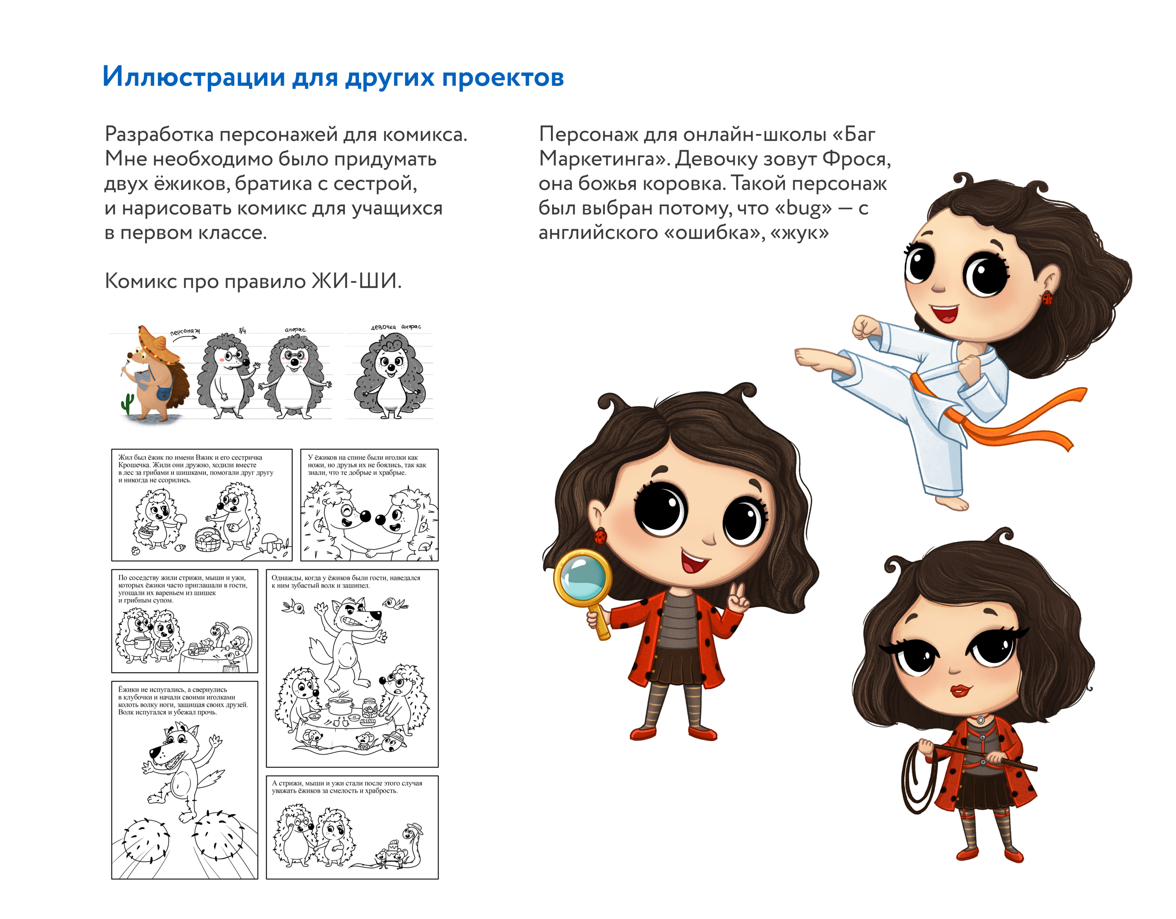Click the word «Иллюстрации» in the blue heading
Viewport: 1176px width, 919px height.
click(x=194, y=77)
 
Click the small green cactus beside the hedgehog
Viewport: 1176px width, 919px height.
click(x=128, y=404)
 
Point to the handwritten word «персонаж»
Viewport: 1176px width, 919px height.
click(x=185, y=332)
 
